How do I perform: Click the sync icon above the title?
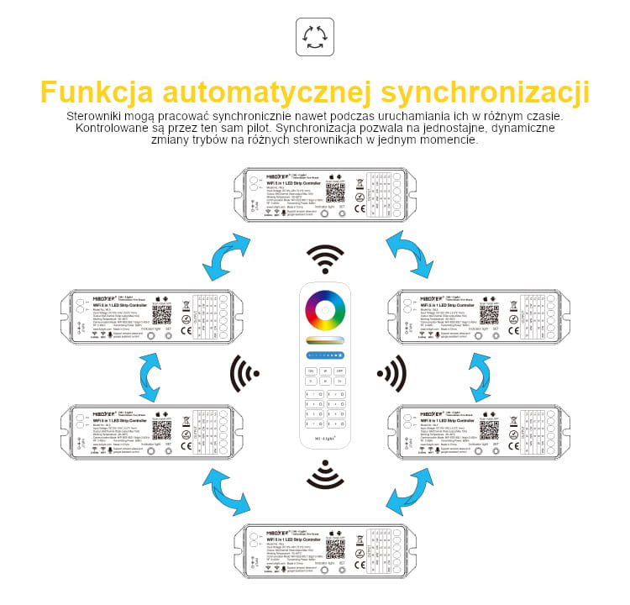tap(315, 38)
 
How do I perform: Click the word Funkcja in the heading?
tap(96, 92)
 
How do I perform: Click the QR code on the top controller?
tap(335, 192)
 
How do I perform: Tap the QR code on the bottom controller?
tap(335, 547)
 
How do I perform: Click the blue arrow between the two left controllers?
tap(150, 376)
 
